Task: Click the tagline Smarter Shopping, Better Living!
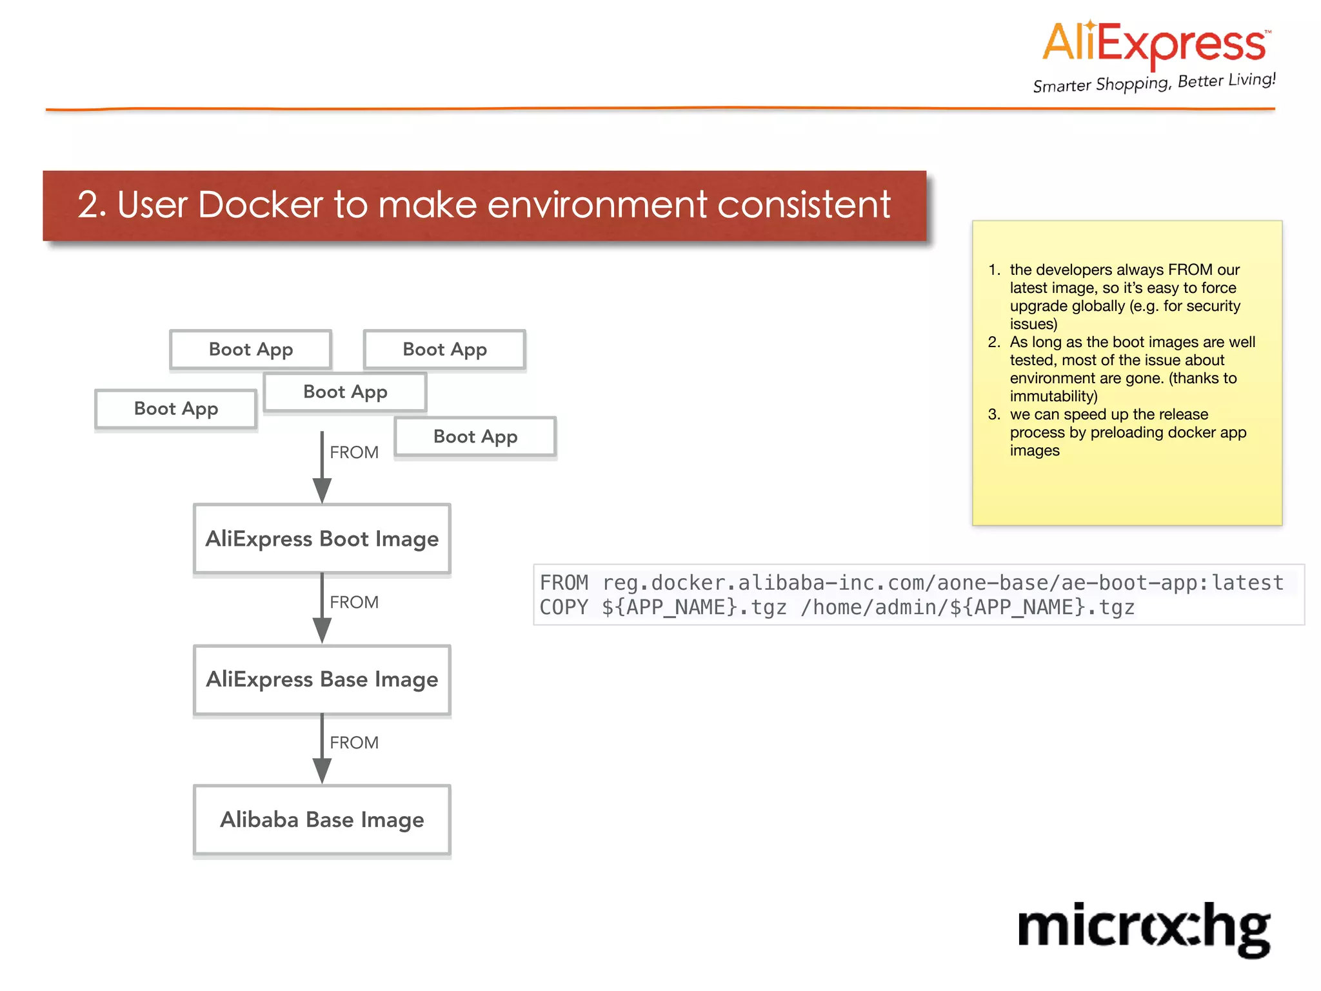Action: click(x=1154, y=83)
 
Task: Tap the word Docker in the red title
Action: click(x=260, y=205)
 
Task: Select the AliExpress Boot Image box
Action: click(x=322, y=539)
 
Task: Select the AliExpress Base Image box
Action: click(x=322, y=679)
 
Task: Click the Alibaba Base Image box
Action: click(x=322, y=819)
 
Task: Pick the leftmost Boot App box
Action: click(x=175, y=408)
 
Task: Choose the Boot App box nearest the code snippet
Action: click(x=475, y=437)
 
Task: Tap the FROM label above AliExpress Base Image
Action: click(x=354, y=602)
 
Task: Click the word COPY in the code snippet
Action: click(x=563, y=608)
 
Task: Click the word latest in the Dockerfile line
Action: click(x=1247, y=583)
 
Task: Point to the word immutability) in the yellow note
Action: click(x=1053, y=396)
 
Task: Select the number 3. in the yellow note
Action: click(x=994, y=414)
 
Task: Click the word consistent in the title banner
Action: click(x=804, y=205)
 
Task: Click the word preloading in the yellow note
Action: click(x=1129, y=432)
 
